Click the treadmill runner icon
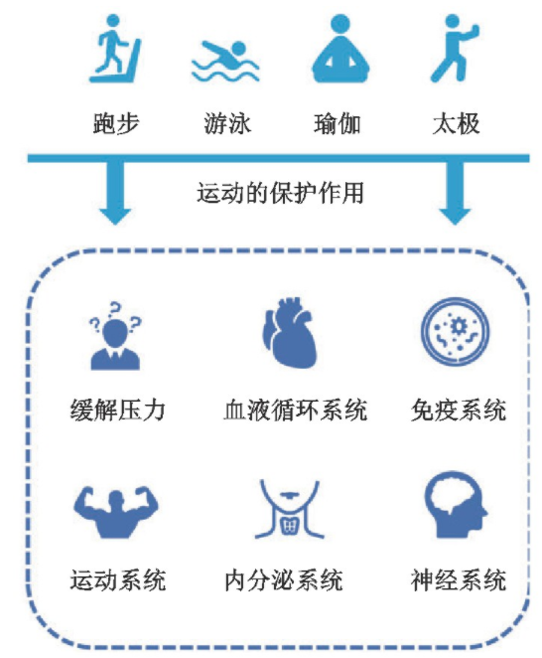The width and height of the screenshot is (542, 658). [x=115, y=49]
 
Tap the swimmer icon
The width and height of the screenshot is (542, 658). [x=225, y=62]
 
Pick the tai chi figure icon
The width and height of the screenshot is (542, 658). [x=455, y=49]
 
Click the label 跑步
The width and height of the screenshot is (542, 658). [x=116, y=123]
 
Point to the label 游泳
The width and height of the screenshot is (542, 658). [x=227, y=123]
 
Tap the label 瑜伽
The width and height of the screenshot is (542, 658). [x=338, y=123]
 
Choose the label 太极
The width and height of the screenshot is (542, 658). [x=456, y=123]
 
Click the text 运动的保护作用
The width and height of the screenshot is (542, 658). [x=280, y=193]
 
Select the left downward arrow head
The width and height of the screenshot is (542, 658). [x=115, y=216]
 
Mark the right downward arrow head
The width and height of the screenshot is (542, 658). [x=455, y=216]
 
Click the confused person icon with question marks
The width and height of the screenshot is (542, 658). [x=115, y=336]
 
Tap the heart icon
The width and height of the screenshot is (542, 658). [x=289, y=332]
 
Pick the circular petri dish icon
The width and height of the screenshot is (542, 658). [x=456, y=331]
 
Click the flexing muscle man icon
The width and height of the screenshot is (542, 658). [x=116, y=512]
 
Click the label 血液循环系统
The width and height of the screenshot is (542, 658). [x=296, y=410]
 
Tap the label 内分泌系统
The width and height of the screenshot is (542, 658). [x=284, y=580]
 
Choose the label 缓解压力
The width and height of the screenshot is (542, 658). [x=118, y=410]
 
